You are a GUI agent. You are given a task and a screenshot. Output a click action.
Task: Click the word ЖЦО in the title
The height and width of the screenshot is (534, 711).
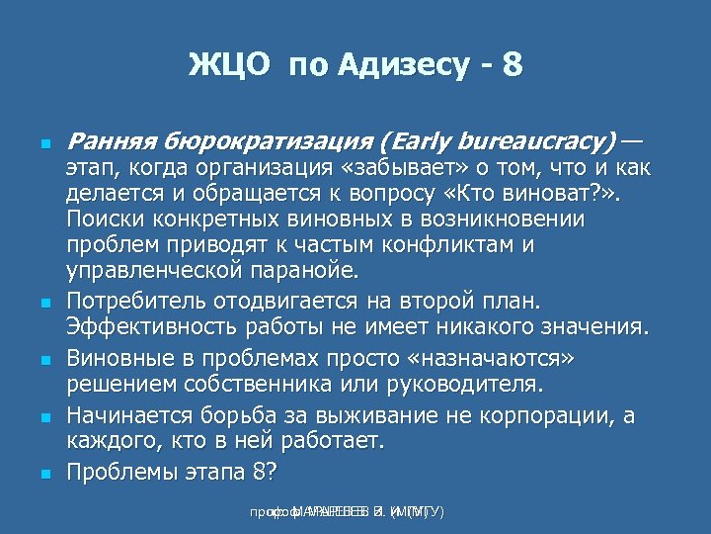pyautogui.click(x=229, y=66)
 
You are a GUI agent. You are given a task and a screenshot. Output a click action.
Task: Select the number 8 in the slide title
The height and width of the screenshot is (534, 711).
pyautogui.click(x=512, y=66)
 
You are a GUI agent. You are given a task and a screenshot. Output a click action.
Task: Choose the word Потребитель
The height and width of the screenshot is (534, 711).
pyautogui.click(x=140, y=300)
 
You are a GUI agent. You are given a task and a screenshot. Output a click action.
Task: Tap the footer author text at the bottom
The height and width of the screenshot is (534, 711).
pyautogui.click(x=347, y=511)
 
